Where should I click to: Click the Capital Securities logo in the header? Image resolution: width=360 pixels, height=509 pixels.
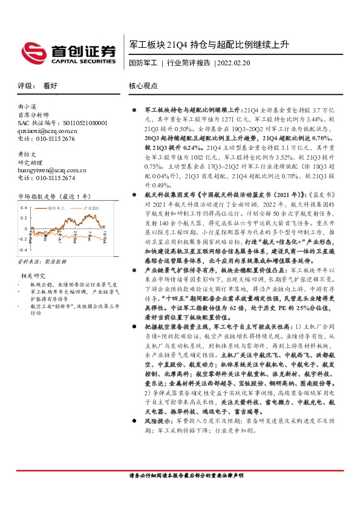click(x=68, y=52)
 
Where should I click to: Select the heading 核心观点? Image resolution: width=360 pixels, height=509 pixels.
click(x=143, y=86)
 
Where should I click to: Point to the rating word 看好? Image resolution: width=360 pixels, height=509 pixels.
click(x=50, y=86)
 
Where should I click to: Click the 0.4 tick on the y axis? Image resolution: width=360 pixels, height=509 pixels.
click(x=23, y=207)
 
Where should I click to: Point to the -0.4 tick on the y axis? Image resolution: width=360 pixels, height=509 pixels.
click(x=22, y=249)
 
